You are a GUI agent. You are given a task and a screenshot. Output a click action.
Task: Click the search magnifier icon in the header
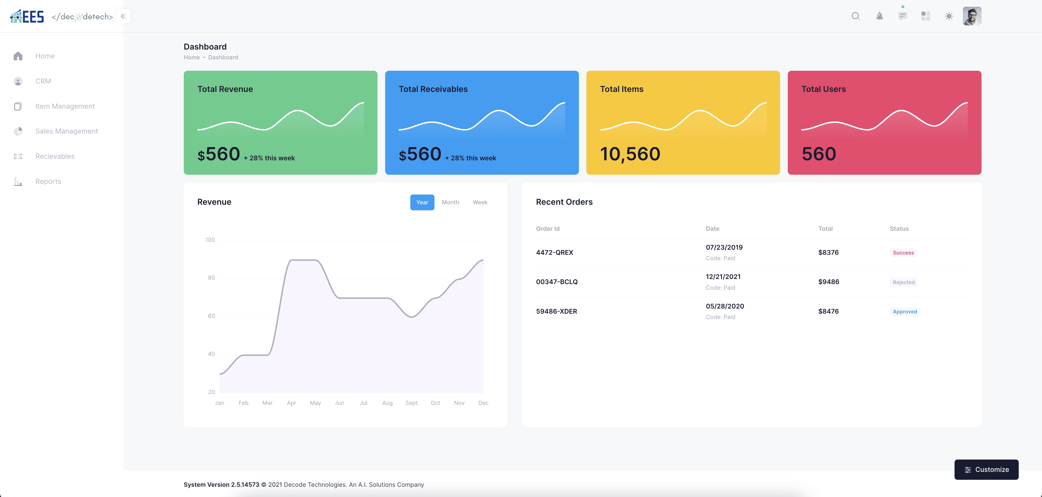point(855,16)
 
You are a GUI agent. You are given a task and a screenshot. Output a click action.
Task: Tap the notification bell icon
point(879,16)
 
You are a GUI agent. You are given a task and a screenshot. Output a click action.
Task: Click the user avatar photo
point(972,16)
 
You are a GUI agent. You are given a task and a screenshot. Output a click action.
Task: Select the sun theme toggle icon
point(949,16)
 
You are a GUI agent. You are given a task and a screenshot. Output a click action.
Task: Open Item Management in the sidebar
point(65,106)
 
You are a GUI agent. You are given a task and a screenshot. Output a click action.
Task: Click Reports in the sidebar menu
point(48,181)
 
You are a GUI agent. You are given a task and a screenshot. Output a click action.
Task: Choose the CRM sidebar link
point(43,81)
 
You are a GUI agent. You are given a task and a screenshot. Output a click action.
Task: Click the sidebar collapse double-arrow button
point(123,16)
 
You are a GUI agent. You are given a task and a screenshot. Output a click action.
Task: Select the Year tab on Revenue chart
point(422,202)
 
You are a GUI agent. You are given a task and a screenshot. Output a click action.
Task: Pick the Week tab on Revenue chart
point(480,202)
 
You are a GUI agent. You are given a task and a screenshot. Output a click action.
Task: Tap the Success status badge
point(903,252)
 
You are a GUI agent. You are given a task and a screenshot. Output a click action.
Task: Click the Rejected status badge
point(903,282)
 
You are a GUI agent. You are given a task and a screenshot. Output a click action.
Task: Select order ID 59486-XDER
point(556,311)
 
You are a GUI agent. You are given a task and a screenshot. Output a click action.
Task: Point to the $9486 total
point(828,282)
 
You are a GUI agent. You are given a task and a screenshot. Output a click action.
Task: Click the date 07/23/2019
point(724,247)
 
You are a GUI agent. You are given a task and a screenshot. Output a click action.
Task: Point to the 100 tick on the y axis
point(210,240)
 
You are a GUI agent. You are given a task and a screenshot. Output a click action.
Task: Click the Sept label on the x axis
point(411,403)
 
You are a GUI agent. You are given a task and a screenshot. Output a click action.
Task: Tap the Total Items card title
point(621,89)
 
